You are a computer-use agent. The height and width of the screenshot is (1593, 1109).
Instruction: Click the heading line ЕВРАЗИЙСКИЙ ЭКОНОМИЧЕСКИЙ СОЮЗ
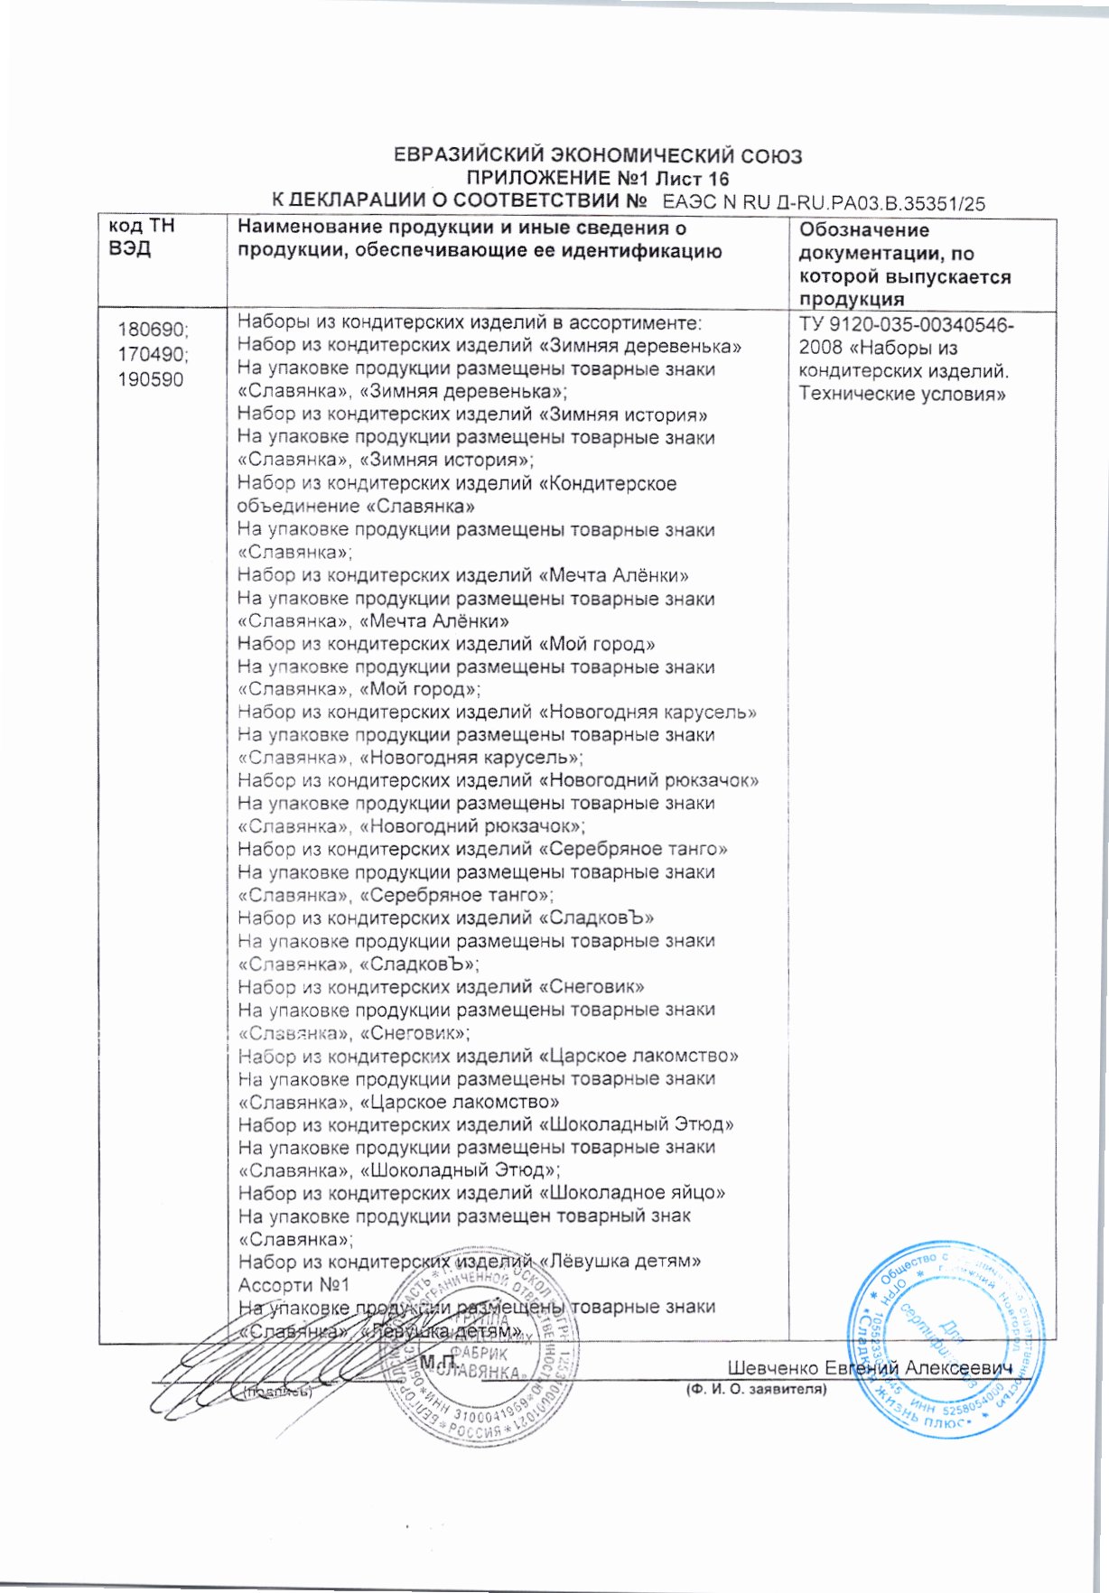[x=598, y=155]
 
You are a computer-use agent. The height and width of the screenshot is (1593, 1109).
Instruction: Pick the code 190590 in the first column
[x=150, y=379]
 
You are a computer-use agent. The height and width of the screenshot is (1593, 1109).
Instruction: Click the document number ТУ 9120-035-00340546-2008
[x=906, y=336]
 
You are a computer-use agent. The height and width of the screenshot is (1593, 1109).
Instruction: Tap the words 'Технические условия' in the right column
[x=902, y=394]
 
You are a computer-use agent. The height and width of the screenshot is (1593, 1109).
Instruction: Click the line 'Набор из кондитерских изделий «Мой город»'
[x=446, y=644]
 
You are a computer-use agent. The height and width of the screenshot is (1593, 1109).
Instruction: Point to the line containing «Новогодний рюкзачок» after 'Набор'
[x=498, y=780]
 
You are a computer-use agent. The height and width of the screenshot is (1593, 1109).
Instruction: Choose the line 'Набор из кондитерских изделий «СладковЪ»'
[x=445, y=918]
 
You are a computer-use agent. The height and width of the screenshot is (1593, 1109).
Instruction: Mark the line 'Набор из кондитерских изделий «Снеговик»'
[x=441, y=987]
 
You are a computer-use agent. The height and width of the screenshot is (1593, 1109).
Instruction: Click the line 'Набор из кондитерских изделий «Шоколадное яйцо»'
[x=481, y=1192]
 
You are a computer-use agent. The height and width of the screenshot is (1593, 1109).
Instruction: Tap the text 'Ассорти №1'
[x=294, y=1284]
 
